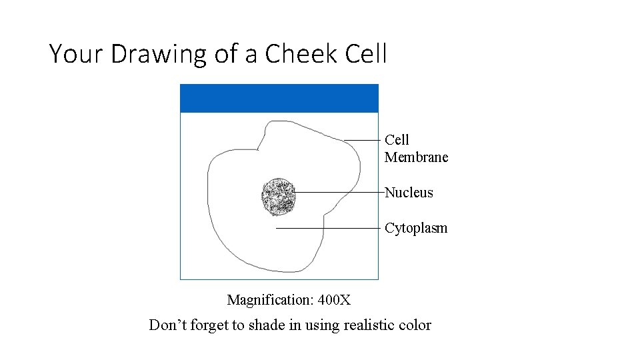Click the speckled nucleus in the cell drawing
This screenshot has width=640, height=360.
pos(278,197)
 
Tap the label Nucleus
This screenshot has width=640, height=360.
pos(409,193)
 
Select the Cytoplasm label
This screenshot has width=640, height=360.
pos(416,228)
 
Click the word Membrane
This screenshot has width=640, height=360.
pos(416,157)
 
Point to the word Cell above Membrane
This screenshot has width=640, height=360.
pos(397,140)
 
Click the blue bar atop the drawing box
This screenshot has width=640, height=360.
pos(279,98)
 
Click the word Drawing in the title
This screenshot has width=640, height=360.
pos(159,53)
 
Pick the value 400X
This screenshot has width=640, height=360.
pos(334,300)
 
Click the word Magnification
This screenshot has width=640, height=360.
pos(270,300)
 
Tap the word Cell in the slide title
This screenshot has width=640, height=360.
pos(367,53)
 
